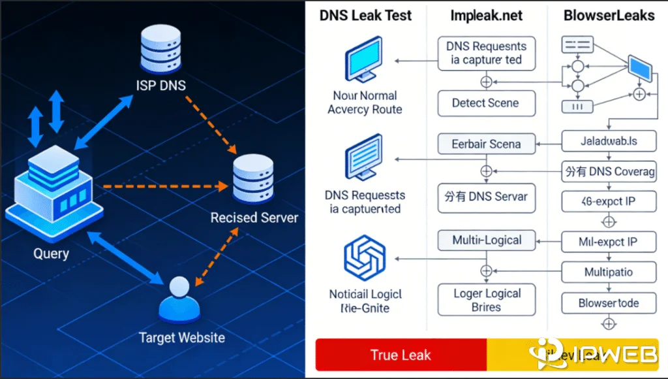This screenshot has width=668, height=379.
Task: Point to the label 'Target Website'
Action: click(x=182, y=338)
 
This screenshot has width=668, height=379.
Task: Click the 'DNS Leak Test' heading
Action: click(x=365, y=15)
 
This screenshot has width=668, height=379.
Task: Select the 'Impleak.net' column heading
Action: click(x=486, y=15)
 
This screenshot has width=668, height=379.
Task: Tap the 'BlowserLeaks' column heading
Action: click(x=610, y=15)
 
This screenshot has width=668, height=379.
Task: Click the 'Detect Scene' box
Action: click(x=486, y=103)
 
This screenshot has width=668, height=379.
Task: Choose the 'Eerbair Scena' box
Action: click(x=486, y=144)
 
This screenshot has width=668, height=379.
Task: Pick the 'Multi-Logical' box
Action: click(x=486, y=240)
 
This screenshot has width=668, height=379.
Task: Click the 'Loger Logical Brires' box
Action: click(x=486, y=300)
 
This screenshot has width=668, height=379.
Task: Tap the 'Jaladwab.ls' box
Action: click(x=608, y=140)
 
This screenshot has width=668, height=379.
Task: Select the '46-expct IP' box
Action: click(x=608, y=201)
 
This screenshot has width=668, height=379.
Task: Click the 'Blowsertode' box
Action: click(x=608, y=303)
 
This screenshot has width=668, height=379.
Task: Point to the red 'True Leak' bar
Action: click(x=401, y=355)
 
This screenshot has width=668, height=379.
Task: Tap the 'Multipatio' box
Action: click(x=608, y=271)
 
